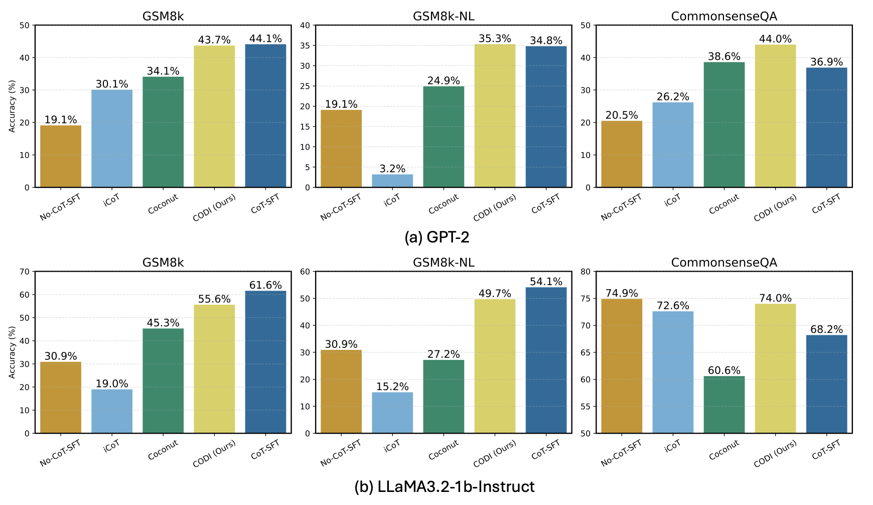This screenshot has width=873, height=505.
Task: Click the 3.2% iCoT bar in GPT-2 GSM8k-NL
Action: pyautogui.click(x=392, y=181)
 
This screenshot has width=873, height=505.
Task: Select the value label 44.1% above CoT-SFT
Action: pyautogui.click(x=265, y=39)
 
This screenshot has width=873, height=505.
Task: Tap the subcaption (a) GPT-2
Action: pyautogui.click(x=436, y=237)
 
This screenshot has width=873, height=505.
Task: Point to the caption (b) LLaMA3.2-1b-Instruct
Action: pyautogui.click(x=444, y=486)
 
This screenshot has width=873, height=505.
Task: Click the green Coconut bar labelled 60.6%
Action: pyautogui.click(x=724, y=405)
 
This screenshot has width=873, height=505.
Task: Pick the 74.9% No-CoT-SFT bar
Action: pyautogui.click(x=622, y=366)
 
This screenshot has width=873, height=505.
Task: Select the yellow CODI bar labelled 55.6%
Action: pyautogui.click(x=214, y=369)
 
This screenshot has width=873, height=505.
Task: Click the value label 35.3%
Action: pyautogui.click(x=495, y=39)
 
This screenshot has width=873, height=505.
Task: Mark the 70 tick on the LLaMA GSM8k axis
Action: pyautogui.click(x=25, y=272)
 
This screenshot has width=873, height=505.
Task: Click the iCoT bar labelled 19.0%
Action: pyautogui.click(x=112, y=411)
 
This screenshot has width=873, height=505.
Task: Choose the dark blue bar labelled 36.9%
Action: pyautogui.click(x=826, y=128)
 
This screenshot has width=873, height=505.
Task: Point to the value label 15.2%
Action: pyautogui.click(x=392, y=387)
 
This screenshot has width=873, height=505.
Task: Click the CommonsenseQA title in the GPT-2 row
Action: pyautogui.click(x=724, y=16)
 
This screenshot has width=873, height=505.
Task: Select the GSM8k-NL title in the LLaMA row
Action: pyautogui.click(x=444, y=263)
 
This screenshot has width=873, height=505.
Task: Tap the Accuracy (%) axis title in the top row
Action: pyautogui.click(x=12, y=106)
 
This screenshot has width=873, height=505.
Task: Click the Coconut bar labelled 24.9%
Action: pyautogui.click(x=444, y=137)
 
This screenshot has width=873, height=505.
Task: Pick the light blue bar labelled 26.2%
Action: pyautogui.click(x=673, y=145)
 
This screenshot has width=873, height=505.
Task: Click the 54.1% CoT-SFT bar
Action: pyautogui.click(x=546, y=360)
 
